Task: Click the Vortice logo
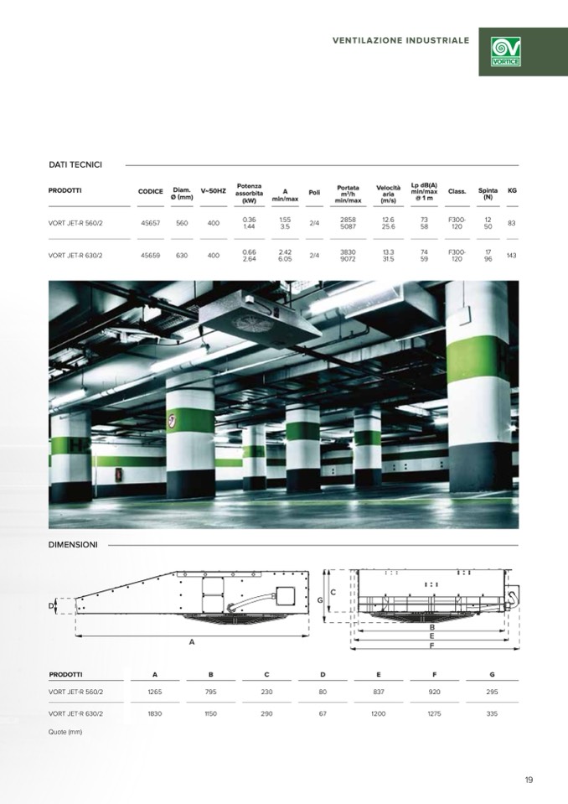pyautogui.click(x=505, y=52)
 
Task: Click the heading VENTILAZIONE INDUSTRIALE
pyautogui.click(x=400, y=40)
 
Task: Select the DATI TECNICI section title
pyautogui.click(x=75, y=164)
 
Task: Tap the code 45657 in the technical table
pyautogui.click(x=151, y=224)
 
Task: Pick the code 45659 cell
pyautogui.click(x=151, y=256)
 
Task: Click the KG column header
pyautogui.click(x=512, y=191)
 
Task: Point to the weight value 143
pyautogui.click(x=511, y=256)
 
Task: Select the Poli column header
pyautogui.click(x=314, y=193)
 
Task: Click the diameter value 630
pyautogui.click(x=182, y=256)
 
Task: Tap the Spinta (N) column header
pyautogui.click(x=488, y=194)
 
